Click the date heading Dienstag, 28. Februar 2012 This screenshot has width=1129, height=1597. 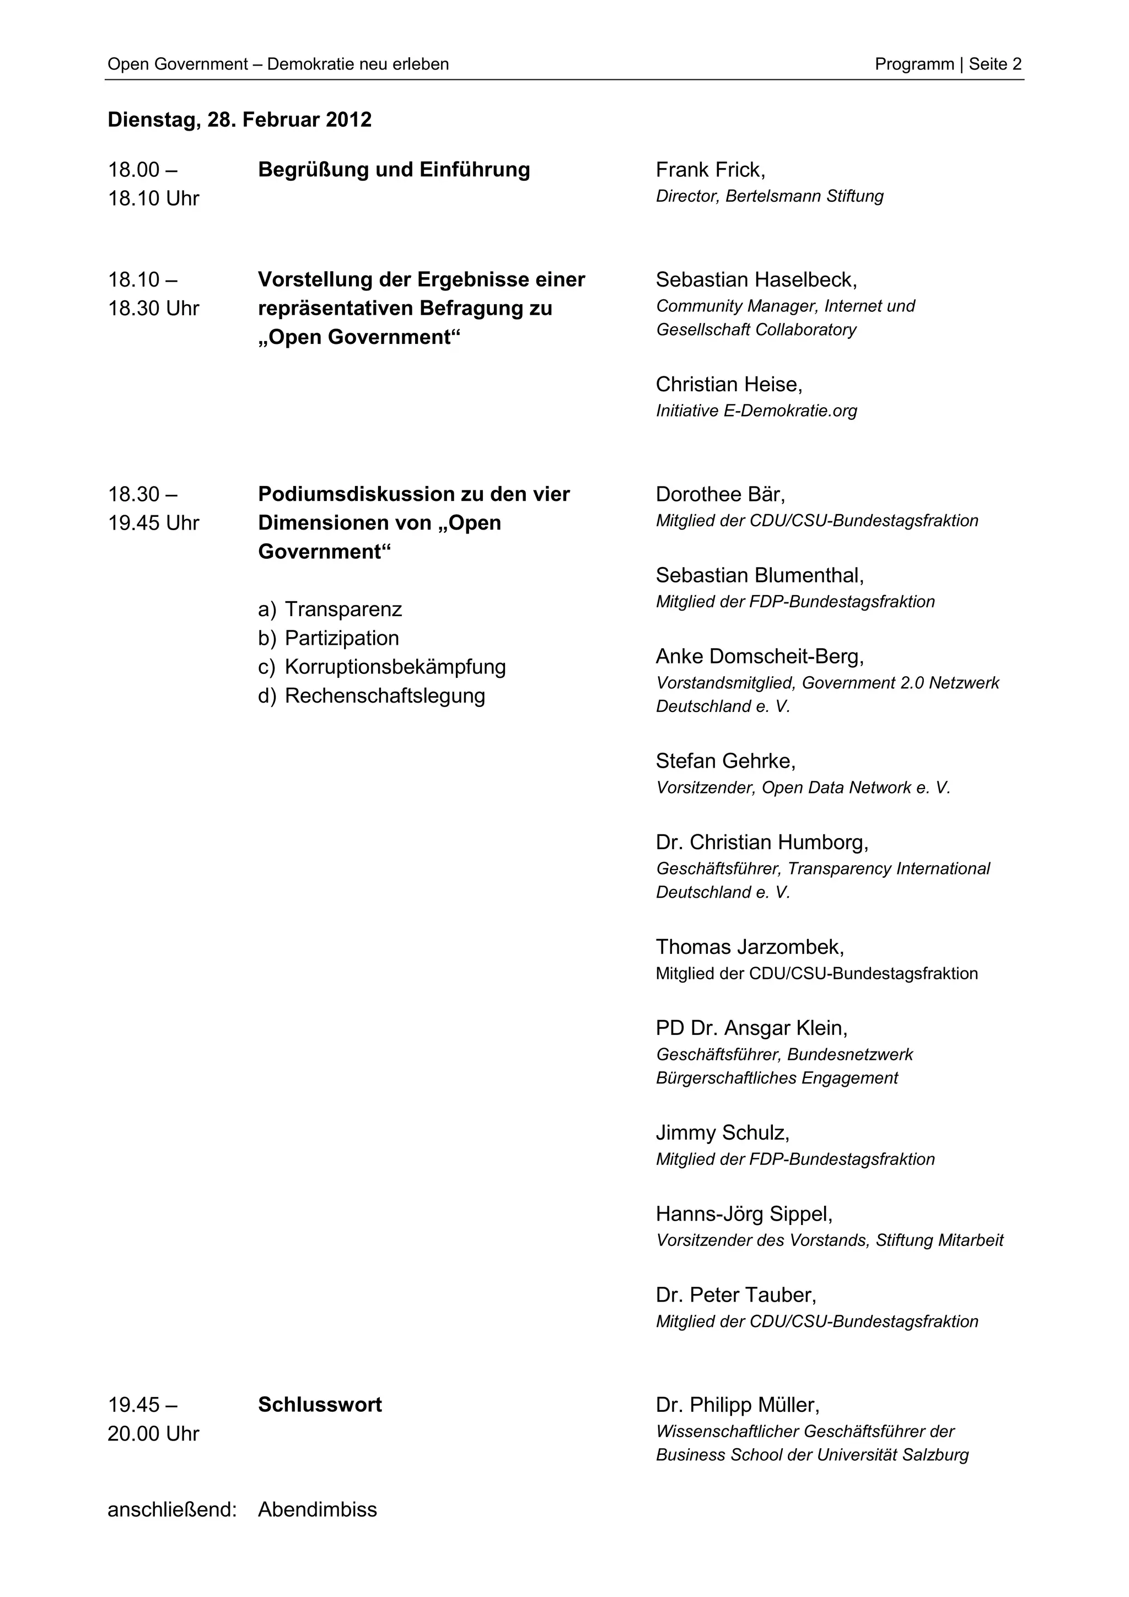pos(239,120)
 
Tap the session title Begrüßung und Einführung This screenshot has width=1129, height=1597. pos(394,170)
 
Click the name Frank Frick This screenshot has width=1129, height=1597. pos(709,170)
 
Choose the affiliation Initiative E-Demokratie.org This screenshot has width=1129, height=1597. pos(756,411)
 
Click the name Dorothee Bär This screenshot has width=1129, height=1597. pos(719,494)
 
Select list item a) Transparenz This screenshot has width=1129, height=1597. pos(330,609)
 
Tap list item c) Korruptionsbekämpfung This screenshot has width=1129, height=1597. pos(382,667)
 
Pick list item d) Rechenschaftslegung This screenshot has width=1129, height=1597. pos(372,695)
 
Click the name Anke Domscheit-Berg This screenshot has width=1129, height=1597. pos(759,657)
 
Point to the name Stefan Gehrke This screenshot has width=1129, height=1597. pos(725,761)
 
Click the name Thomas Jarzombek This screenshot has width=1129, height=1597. pos(749,947)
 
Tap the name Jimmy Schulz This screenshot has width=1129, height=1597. pos(722,1133)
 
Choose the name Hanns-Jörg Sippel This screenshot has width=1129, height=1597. pos(744,1214)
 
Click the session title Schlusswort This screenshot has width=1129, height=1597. pos(320,1405)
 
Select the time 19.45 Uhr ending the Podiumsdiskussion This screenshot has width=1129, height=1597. pos(153,523)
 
